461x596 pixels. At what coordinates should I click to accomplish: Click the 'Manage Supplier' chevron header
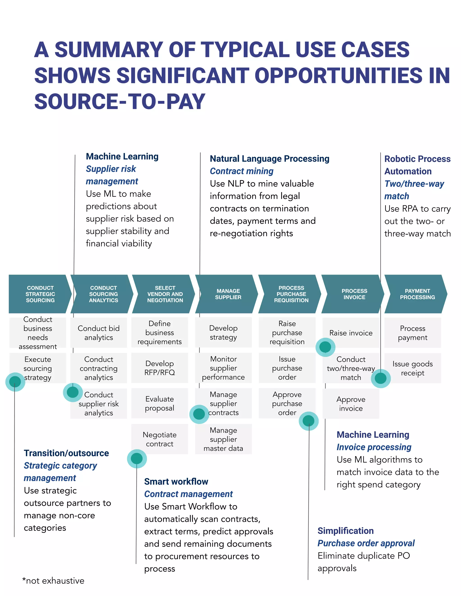tap(228, 294)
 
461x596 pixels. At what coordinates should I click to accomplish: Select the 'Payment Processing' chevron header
tap(417, 294)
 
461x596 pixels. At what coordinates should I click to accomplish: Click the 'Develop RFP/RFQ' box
tap(160, 368)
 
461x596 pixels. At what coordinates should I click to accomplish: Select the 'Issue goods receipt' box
tap(412, 368)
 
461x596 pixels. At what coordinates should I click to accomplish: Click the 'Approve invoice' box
tap(351, 404)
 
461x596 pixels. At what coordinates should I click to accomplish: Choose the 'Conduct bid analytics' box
tap(99, 333)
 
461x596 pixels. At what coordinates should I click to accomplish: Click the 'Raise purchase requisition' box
tap(287, 332)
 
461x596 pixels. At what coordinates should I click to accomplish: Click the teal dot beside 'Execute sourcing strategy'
tap(15, 381)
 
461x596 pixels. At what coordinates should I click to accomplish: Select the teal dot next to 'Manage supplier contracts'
tap(199, 414)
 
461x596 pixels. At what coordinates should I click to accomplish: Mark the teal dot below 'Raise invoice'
tap(325, 347)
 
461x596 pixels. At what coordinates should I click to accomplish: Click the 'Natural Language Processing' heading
tap(269, 159)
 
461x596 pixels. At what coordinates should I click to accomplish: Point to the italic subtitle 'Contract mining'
tap(242, 171)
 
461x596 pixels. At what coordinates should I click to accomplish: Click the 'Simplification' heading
tap(345, 531)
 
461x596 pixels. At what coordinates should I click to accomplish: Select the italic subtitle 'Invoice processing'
tap(374, 447)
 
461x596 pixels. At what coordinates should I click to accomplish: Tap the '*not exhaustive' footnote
tap(53, 581)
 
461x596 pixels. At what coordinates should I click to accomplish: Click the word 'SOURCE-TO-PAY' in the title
tap(120, 101)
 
